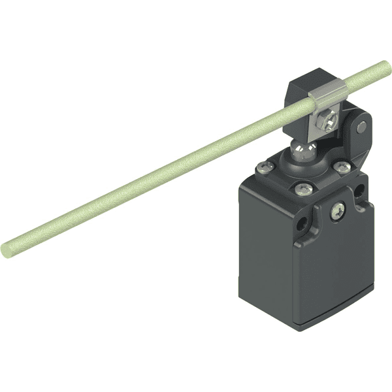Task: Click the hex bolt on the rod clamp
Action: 327,122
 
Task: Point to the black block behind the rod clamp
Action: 302,85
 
